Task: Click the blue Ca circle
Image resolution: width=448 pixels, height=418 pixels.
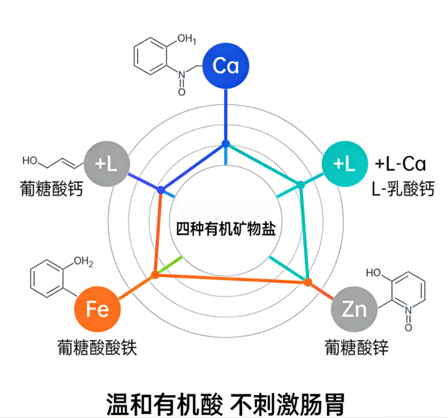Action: [225, 66]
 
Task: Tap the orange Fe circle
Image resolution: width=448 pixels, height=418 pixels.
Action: [98, 309]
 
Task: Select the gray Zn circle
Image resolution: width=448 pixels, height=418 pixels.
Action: [354, 309]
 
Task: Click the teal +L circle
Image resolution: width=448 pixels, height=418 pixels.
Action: [344, 164]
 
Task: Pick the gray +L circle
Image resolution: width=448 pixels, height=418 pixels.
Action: [106, 164]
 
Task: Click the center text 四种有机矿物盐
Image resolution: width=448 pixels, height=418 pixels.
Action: [225, 229]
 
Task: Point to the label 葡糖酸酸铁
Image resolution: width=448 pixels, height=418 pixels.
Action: [97, 347]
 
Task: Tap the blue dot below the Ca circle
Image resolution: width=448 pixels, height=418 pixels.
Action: [225, 143]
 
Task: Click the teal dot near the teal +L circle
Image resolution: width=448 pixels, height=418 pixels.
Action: [301, 184]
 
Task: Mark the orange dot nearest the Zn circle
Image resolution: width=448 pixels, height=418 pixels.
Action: [307, 282]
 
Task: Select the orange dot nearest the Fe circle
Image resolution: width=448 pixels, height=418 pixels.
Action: [154, 275]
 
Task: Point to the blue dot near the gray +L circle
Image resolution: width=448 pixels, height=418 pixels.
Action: [161, 190]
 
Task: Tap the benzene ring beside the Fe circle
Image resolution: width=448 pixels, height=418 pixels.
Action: [47, 278]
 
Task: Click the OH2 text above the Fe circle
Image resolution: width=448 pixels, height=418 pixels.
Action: [83, 262]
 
